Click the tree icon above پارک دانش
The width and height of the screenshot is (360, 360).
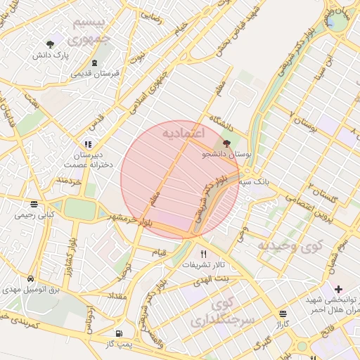(x=51, y=44)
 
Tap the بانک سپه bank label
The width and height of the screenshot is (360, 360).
(x=253, y=182)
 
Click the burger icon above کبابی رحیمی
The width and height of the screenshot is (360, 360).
(x=34, y=204)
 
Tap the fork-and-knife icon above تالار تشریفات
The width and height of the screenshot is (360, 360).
(x=204, y=254)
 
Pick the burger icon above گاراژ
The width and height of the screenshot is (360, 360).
(x=283, y=314)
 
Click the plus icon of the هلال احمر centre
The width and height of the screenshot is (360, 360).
(x=338, y=289)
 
